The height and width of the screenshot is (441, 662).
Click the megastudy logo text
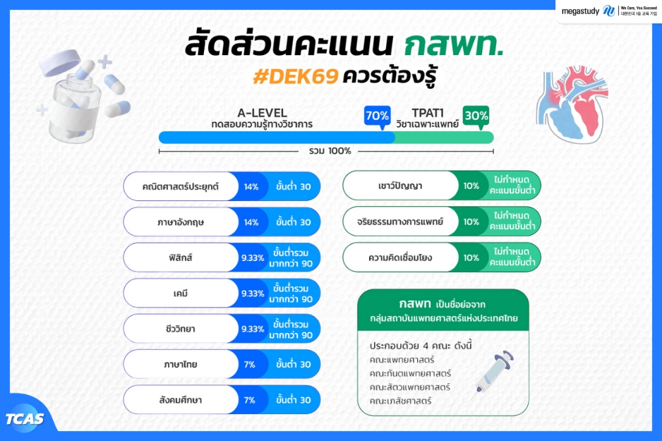pos(580,11)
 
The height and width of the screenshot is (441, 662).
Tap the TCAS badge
pos(25,418)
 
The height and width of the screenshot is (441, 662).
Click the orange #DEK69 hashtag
pos(296,77)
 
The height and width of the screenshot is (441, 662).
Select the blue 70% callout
pos(378,117)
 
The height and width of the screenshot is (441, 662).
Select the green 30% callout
pos(476,117)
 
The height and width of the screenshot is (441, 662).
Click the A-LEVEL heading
pos(262,113)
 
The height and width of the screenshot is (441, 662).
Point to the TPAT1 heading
pos(428,113)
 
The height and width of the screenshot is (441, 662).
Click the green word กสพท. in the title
pos(454,44)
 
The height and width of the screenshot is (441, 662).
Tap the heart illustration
pos(572,104)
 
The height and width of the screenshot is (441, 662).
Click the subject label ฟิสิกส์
pos(180,258)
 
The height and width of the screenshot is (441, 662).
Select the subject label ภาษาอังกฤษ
pos(180,222)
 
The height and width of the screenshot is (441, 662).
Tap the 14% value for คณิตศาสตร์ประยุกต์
pos(251,186)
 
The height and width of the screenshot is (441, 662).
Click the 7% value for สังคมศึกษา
pos(250,400)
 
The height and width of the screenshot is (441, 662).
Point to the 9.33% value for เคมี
pos(253,294)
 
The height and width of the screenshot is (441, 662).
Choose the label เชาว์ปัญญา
pos(400,186)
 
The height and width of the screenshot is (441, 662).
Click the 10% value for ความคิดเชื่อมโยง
pos(471,258)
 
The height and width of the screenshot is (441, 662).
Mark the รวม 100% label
pos(330,151)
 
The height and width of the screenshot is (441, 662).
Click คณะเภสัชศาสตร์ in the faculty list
pos(400,401)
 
